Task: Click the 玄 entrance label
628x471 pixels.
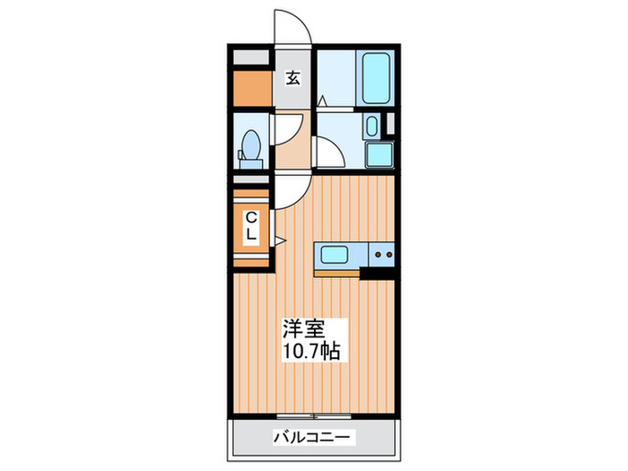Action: point(292,78)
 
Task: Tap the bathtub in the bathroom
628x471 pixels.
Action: point(376,78)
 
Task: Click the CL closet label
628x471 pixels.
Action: point(251,226)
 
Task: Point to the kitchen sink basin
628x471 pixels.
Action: point(335,254)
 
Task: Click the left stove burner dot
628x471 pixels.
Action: point(378,254)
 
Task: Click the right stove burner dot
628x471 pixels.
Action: point(388,254)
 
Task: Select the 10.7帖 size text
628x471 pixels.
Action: point(311,352)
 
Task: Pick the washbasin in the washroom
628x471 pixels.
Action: point(372,126)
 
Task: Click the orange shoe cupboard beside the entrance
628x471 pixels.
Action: point(252,88)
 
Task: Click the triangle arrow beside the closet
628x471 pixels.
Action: point(280,240)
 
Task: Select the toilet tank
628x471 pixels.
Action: point(251,163)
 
